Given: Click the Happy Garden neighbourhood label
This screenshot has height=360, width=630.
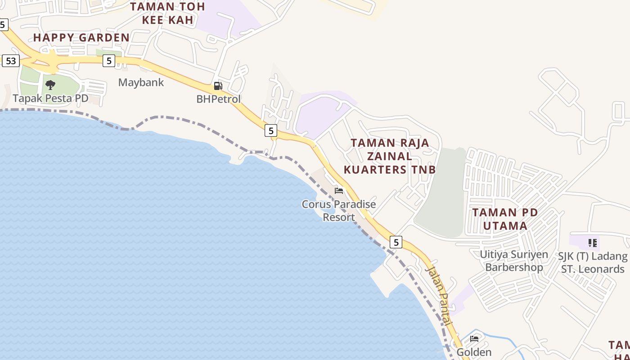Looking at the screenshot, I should click(81, 38).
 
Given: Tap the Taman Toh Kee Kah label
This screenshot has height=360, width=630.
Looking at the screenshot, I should click(167, 13).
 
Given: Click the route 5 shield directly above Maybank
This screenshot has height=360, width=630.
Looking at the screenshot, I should click(108, 60).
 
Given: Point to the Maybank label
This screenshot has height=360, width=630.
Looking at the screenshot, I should click(141, 83).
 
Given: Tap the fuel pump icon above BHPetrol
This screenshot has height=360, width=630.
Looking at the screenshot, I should click(218, 86).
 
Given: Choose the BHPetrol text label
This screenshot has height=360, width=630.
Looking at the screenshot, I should click(219, 99).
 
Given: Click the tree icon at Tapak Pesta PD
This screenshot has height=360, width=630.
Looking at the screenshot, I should click(50, 85).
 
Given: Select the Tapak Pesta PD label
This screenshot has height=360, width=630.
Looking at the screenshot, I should click(50, 98).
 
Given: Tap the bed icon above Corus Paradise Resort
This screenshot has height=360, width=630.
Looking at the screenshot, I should click(339, 191).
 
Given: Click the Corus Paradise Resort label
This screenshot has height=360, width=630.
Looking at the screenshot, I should click(339, 211).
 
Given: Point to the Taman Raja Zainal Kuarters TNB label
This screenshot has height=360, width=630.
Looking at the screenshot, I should click(390, 156).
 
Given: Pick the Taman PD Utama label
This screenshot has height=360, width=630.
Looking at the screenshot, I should click(505, 219).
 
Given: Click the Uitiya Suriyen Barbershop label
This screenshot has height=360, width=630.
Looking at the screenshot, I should click(514, 261).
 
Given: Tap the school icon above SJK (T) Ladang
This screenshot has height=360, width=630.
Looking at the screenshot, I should click(593, 243).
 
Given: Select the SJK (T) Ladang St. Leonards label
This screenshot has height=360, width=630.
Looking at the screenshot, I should click(593, 263).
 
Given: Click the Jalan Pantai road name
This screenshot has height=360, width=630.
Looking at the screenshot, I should click(439, 295).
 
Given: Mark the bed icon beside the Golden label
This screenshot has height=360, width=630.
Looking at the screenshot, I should click(474, 339).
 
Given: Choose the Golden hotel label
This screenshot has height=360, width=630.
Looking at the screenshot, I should click(474, 352).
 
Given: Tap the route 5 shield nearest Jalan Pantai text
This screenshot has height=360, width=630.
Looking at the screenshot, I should click(396, 242).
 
